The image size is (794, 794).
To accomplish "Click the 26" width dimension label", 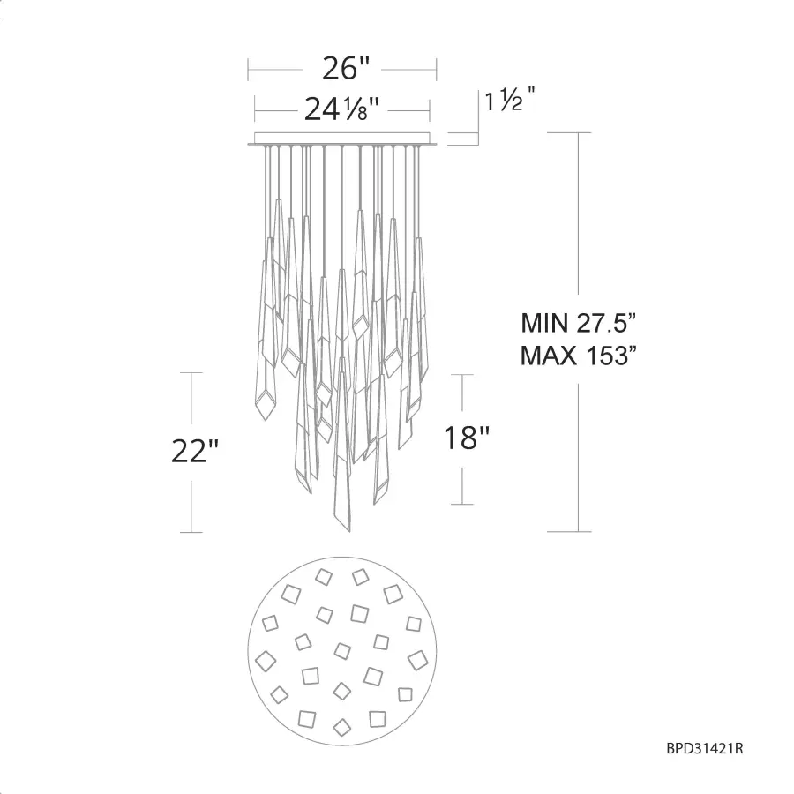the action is point(347,68).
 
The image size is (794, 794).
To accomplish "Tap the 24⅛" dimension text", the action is point(341,109).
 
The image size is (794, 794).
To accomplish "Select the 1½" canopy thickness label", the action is point(510,99).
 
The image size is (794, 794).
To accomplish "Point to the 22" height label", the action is point(195,451).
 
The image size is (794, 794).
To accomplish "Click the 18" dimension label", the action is point(467,438).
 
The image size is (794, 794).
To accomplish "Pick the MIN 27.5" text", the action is point(578,323).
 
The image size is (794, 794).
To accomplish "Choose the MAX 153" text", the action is point(578,356).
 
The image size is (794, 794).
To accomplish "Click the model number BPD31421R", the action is point(704,748).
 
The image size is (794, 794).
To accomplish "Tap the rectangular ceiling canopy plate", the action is point(342,139).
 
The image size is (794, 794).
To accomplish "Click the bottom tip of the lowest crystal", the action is point(348,531).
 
